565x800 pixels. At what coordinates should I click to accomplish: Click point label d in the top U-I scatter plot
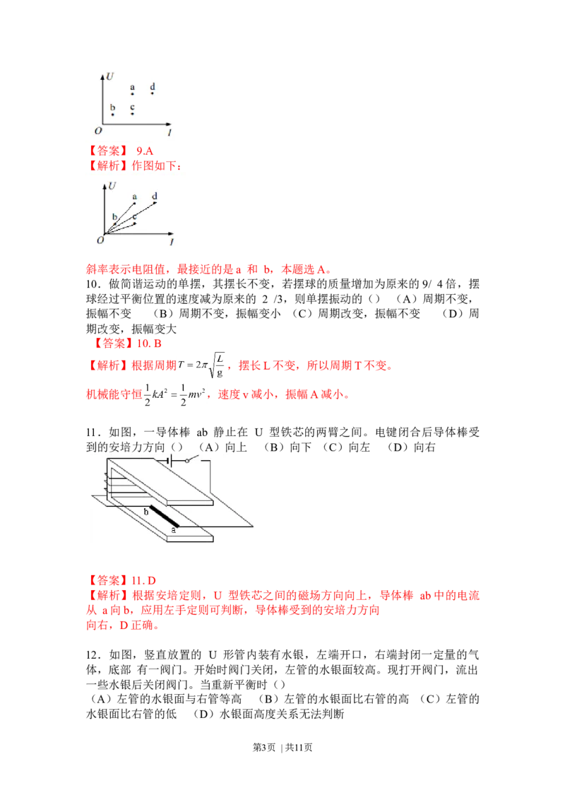[x=153, y=87]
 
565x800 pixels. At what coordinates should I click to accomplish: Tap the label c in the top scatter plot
[x=133, y=107]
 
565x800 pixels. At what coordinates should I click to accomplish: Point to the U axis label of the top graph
[x=110, y=76]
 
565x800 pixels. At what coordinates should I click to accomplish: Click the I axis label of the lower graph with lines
[x=172, y=241]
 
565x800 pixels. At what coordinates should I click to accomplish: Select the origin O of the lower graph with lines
[x=100, y=240]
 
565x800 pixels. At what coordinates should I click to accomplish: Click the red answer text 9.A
[x=145, y=151]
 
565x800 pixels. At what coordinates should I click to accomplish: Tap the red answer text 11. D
[x=144, y=581]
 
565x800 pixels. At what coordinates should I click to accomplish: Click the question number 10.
[x=93, y=285]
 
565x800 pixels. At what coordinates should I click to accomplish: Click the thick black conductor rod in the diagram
[x=164, y=517]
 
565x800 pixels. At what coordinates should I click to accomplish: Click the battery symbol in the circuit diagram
[x=170, y=461]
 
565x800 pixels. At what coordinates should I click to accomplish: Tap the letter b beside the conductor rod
[x=145, y=511]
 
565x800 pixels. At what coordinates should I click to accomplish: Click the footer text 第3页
[x=263, y=748]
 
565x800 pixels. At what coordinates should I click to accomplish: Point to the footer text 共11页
[x=299, y=748]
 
